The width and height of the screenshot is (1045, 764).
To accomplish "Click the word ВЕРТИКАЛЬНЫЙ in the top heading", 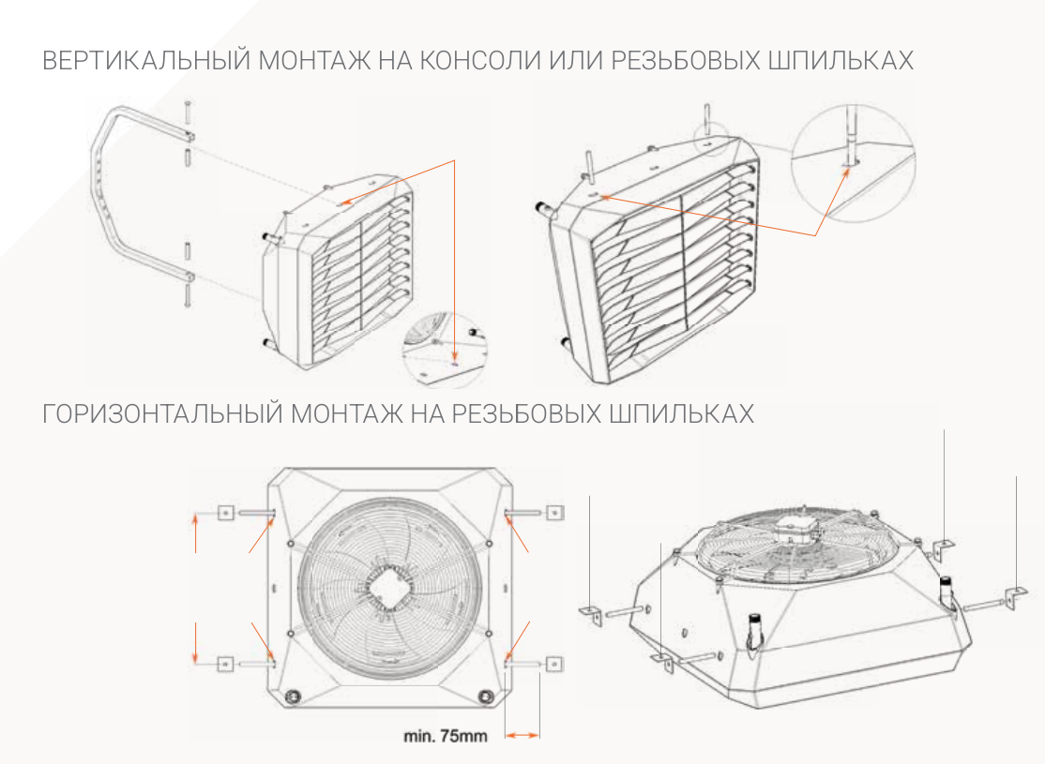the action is [x=146, y=61].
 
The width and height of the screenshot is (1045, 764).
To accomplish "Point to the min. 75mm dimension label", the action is [x=446, y=736].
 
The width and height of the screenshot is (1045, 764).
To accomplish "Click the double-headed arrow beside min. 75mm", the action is [x=522, y=735].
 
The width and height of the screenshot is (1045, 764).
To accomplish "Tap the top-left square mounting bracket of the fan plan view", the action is [x=226, y=513].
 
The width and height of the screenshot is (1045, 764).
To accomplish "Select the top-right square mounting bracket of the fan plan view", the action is [x=553, y=512].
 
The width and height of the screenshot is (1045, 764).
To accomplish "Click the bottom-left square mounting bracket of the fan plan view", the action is [x=225, y=664].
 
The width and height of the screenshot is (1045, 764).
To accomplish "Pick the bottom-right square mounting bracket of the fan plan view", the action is [x=553, y=664].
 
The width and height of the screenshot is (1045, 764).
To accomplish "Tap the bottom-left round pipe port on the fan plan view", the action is [x=292, y=696].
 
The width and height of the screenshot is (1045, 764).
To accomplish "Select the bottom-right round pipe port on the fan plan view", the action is [x=485, y=696].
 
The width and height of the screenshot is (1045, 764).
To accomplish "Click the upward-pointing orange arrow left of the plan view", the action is [x=195, y=532].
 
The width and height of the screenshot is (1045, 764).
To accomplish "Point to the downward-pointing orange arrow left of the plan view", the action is [x=195, y=643].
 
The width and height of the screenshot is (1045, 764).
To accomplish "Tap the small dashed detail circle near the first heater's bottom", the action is [x=445, y=349].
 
